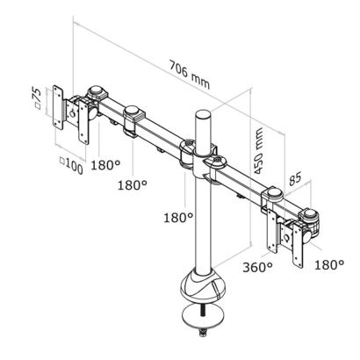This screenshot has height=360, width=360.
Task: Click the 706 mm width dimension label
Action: tap(190, 75)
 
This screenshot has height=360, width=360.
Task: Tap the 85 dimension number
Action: tap(295, 178)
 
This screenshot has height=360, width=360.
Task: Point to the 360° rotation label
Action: tap(257, 267)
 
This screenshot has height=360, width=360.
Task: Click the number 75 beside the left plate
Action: tap(37, 94)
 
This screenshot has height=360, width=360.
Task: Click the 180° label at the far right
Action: tap(329, 265)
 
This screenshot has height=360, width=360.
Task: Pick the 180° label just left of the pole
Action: tap(178, 218)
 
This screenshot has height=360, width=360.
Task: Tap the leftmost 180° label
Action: tap(105, 165)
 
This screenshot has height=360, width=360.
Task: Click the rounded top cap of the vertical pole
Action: tap(202, 114)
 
